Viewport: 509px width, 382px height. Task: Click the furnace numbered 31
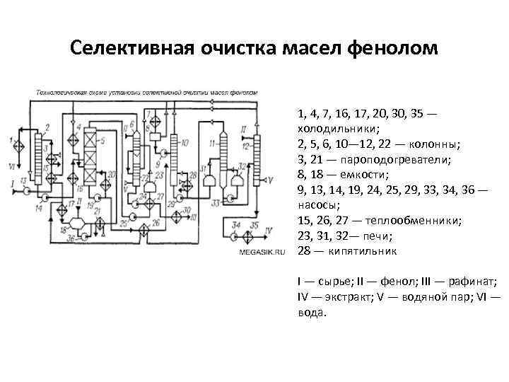point(209,182)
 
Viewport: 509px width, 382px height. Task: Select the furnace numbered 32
point(238,182)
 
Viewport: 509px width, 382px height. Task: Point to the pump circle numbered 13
point(25,190)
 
